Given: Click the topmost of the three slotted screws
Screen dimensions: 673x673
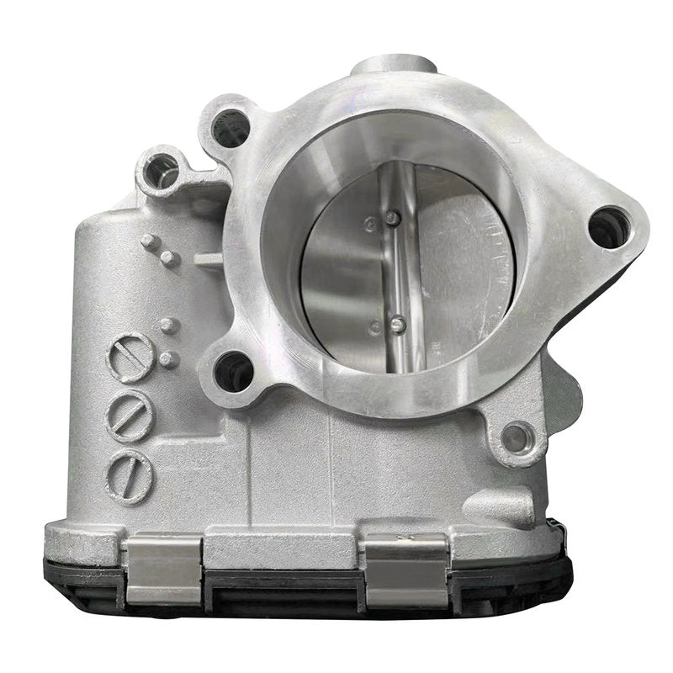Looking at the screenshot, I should pyautogui.click(x=131, y=358).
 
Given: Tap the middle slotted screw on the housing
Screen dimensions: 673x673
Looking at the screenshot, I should pyautogui.click(x=130, y=415).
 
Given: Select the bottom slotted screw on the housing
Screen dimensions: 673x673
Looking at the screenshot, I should pyautogui.click(x=130, y=476).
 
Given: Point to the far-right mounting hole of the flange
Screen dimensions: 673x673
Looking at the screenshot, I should pyautogui.click(x=608, y=226).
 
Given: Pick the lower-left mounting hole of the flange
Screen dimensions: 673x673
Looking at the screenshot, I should pyautogui.click(x=234, y=371).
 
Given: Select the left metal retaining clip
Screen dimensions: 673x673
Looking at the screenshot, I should pyautogui.click(x=163, y=570).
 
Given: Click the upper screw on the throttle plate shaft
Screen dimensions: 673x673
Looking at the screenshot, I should pyautogui.click(x=392, y=218).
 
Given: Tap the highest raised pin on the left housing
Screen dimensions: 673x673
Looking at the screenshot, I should pyautogui.click(x=151, y=242).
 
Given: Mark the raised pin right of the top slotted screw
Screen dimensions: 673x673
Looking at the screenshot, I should pyautogui.click(x=168, y=359).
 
